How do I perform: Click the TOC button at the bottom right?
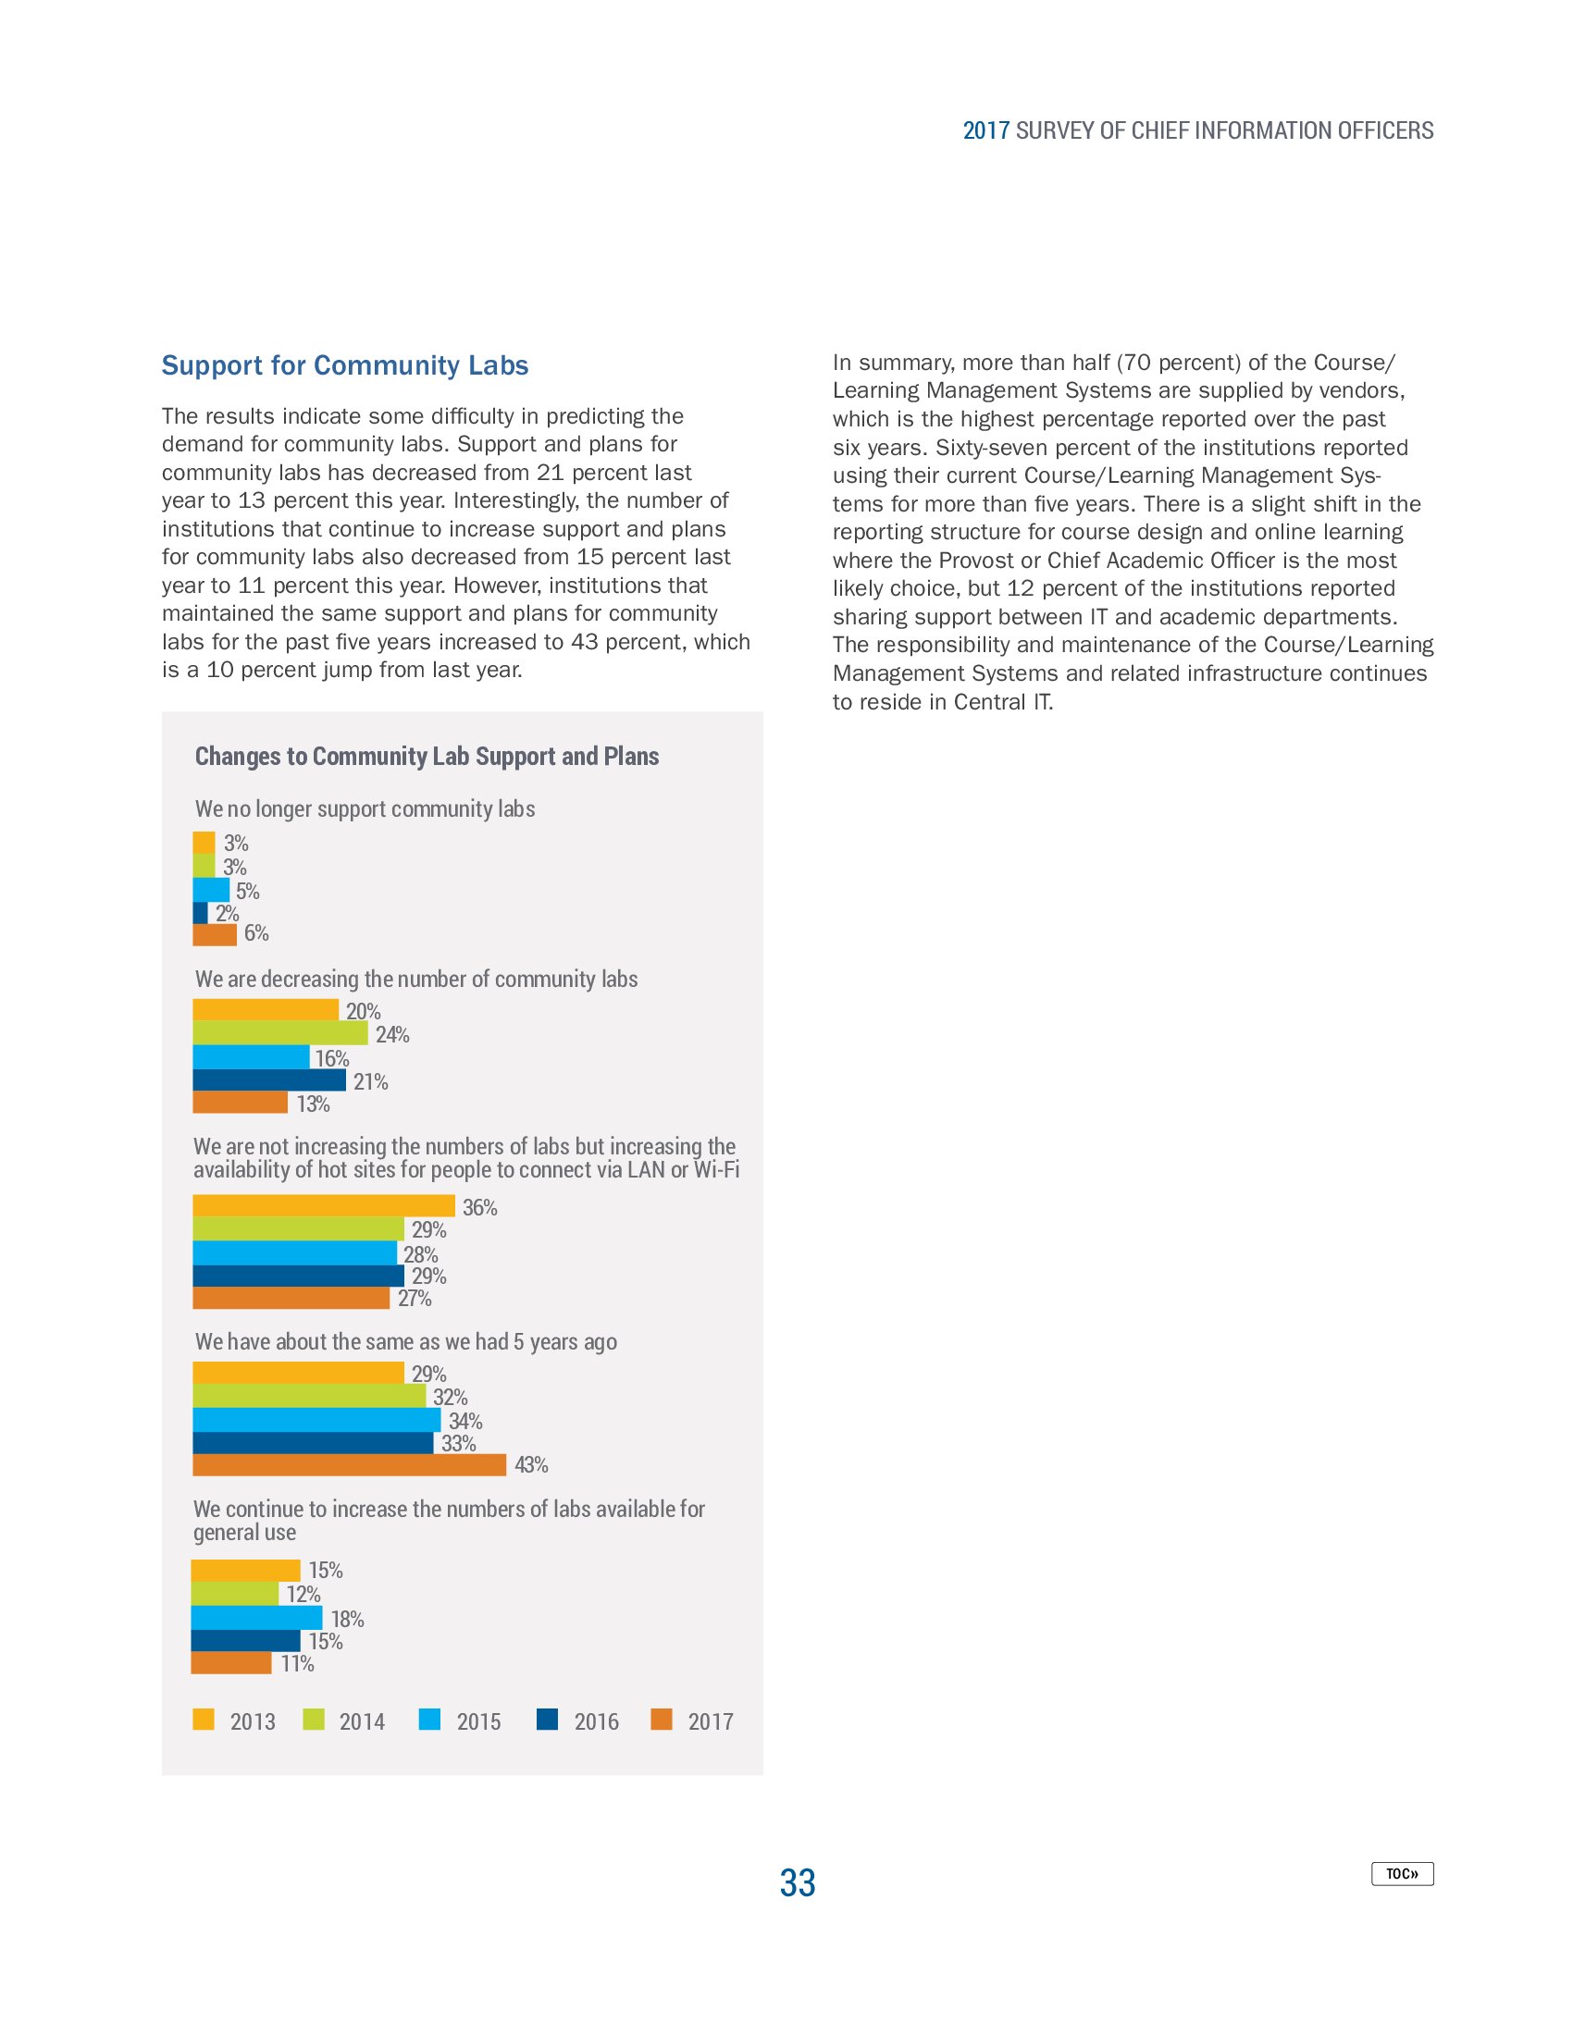(x=1401, y=1873)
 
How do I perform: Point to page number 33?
(x=797, y=1882)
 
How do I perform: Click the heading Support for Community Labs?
(x=345, y=365)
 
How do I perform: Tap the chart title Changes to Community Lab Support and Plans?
(x=427, y=756)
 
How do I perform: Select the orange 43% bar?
(x=349, y=1465)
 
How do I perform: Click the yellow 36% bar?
(x=323, y=1205)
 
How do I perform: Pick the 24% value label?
(x=392, y=1034)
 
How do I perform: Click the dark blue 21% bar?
(x=268, y=1079)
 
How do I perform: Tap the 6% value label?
(x=256, y=932)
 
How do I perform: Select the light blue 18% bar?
(x=256, y=1618)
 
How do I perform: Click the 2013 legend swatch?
(x=204, y=1720)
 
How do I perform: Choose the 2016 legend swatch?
(x=547, y=1720)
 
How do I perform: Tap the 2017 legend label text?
(x=710, y=1722)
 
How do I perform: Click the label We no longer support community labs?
(x=365, y=808)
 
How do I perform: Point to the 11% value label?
(x=297, y=1663)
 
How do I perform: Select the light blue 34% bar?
(x=316, y=1419)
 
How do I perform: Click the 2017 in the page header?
(x=986, y=130)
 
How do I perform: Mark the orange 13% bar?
(x=240, y=1103)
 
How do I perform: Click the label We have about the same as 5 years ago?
(x=405, y=1342)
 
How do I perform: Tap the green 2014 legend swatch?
(x=314, y=1720)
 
